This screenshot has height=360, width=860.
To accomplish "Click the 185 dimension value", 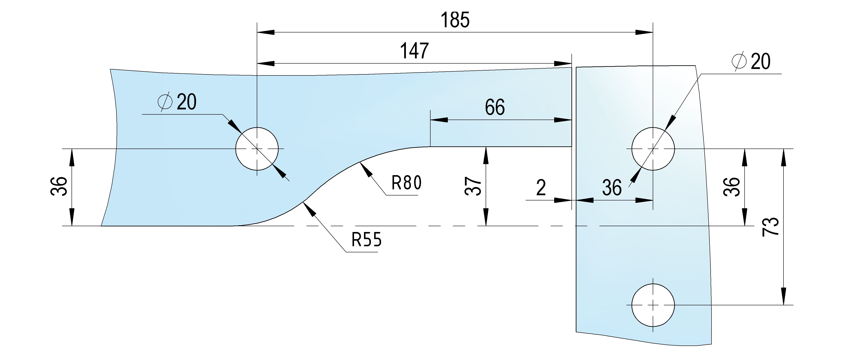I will pyautogui.click(x=455, y=20).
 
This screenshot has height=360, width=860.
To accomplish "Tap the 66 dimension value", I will pyautogui.click(x=495, y=107).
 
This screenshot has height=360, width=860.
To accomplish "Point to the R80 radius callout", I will pyautogui.click(x=406, y=183).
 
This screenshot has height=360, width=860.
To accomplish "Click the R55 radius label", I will pyautogui.click(x=366, y=240).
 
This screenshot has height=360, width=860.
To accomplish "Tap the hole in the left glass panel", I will pyautogui.click(x=257, y=149).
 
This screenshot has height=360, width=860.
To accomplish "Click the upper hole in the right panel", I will pyautogui.click(x=653, y=149).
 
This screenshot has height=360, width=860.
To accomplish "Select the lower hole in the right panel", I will pyautogui.click(x=653, y=305).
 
